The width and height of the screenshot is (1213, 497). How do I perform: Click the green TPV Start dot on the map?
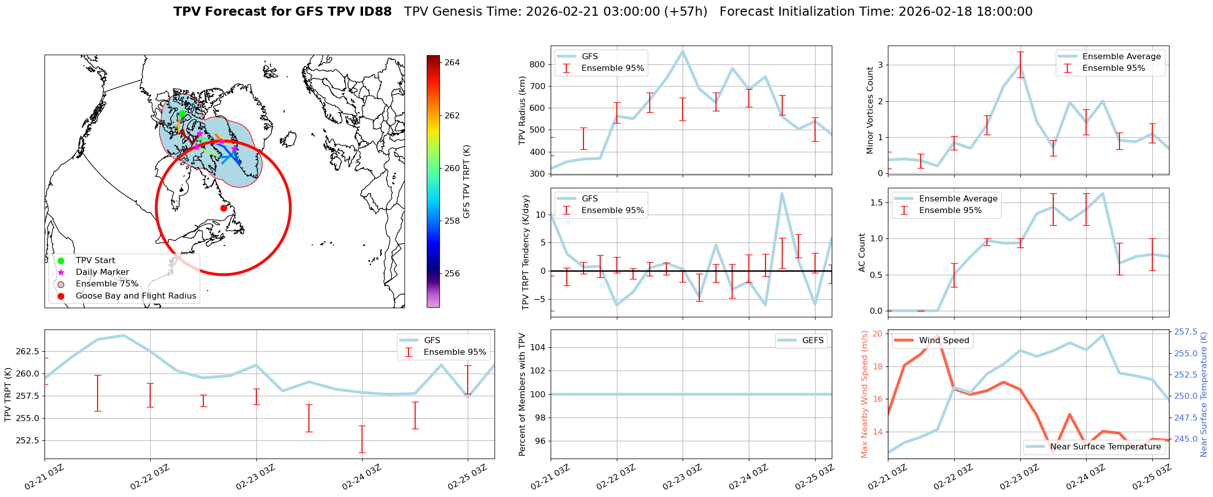point(182,113)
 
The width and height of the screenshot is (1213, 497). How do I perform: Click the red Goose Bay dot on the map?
point(223,208)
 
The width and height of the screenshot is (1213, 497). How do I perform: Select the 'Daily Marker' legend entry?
point(102,272)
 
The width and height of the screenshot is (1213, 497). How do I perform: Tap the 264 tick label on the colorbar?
point(452,63)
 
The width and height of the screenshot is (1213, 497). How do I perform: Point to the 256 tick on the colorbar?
point(452,274)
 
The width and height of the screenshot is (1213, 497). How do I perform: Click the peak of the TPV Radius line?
point(683,51)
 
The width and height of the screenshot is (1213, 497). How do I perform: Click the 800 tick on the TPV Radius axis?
point(537,64)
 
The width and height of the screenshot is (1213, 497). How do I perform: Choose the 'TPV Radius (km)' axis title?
point(522,110)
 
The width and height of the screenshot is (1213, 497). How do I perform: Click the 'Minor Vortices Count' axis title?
point(870,110)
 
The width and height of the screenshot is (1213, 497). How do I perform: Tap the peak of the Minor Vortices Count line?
point(1020,65)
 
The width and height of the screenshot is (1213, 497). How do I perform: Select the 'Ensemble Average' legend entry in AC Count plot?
point(958,199)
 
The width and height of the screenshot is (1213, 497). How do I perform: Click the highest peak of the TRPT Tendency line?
point(782,193)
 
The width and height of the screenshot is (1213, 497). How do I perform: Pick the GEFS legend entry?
point(813,341)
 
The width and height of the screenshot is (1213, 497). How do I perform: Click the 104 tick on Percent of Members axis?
point(537,347)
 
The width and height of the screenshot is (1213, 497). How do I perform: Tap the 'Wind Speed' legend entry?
point(944,341)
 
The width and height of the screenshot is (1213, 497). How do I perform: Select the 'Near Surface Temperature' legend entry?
point(1105,447)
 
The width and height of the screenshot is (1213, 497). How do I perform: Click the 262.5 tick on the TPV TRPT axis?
point(28,352)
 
